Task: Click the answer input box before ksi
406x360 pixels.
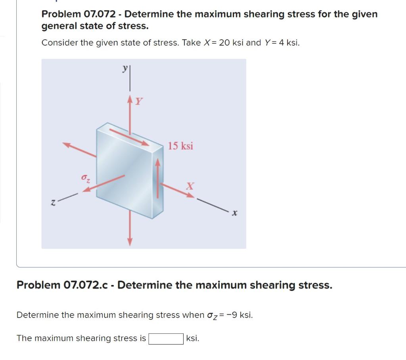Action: coord(166,339)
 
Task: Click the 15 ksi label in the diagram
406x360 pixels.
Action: coord(180,146)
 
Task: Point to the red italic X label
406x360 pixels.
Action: coord(191,186)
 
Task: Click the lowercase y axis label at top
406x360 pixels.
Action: coord(125,69)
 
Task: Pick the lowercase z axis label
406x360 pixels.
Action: coord(52,203)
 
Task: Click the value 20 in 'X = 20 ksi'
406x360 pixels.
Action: coord(224,43)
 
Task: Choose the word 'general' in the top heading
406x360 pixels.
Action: coord(60,27)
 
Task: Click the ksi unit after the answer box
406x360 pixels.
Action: coord(193,339)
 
